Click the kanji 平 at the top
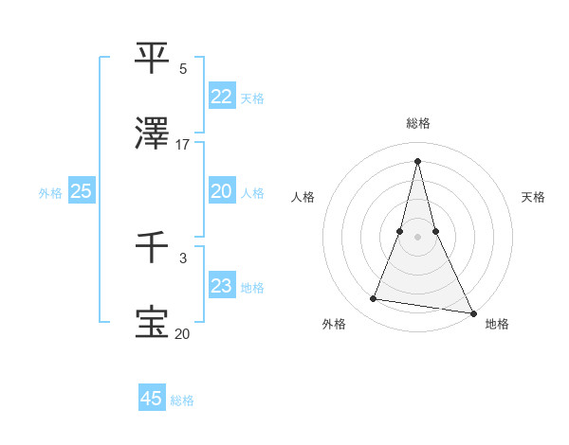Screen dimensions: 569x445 pyautogui.click(x=153, y=57)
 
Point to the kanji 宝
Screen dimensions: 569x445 pyautogui.click(x=153, y=322)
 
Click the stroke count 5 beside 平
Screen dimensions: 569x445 pyautogui.click(x=183, y=68)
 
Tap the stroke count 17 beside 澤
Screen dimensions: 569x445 pyautogui.click(x=183, y=144)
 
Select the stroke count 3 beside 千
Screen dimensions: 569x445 pyautogui.click(x=183, y=258)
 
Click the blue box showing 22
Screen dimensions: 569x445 pyautogui.click(x=221, y=96)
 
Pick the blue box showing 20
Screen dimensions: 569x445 pyautogui.click(x=221, y=190)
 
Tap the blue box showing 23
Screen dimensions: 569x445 pyautogui.click(x=221, y=286)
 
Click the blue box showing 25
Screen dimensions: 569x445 pyautogui.click(x=81, y=190)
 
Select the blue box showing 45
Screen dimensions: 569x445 pyautogui.click(x=152, y=399)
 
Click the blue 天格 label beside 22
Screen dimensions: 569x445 pyautogui.click(x=252, y=98)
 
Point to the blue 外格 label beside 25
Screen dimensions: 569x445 pyautogui.click(x=50, y=192)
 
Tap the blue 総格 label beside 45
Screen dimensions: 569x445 pyautogui.click(x=182, y=400)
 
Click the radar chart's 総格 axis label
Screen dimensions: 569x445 pyautogui.click(x=418, y=123)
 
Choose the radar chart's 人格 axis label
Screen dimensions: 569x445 pyautogui.click(x=303, y=197)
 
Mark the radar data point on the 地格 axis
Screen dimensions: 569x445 pyautogui.click(x=472, y=312)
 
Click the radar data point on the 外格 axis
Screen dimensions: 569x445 pyautogui.click(x=374, y=299)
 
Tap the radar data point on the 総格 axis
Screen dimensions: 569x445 pyautogui.click(x=418, y=160)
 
